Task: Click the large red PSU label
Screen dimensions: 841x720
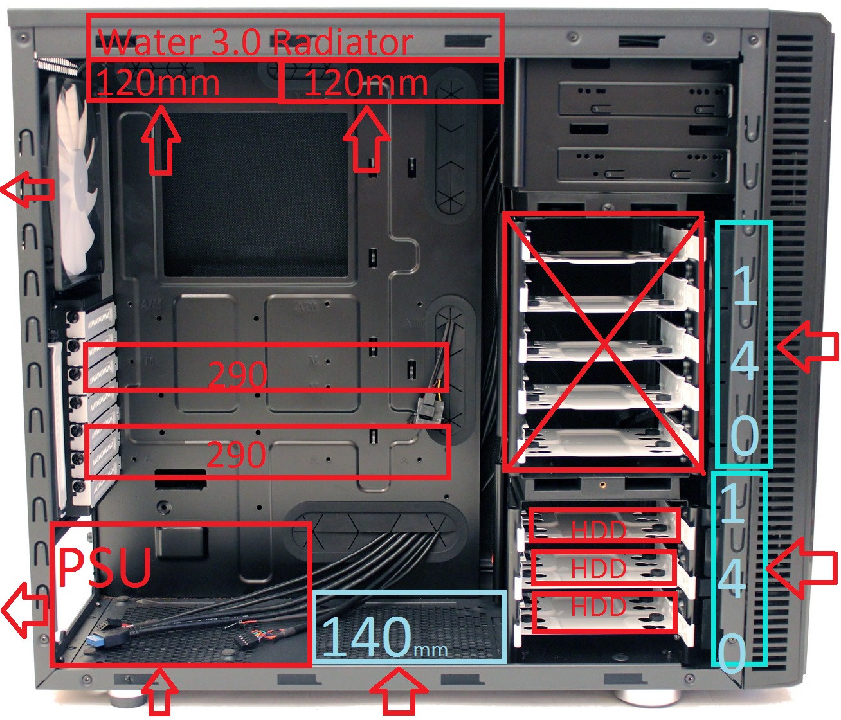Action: [105, 566]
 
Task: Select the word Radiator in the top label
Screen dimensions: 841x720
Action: [343, 42]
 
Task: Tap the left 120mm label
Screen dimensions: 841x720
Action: [158, 82]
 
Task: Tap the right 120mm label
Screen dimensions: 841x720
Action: [366, 82]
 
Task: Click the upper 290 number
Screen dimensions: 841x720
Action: [238, 375]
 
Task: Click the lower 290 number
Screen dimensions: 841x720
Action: [237, 454]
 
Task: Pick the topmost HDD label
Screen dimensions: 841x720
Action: [599, 530]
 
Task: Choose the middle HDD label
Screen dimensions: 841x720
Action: [599, 568]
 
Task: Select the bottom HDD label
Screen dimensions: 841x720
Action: [599, 606]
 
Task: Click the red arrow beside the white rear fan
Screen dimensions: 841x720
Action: [28, 189]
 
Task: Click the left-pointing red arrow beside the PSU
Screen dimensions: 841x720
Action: [25, 609]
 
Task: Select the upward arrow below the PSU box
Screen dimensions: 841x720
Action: [159, 691]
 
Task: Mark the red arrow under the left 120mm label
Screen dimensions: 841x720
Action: [161, 140]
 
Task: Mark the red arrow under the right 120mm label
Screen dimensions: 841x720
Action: [366, 139]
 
